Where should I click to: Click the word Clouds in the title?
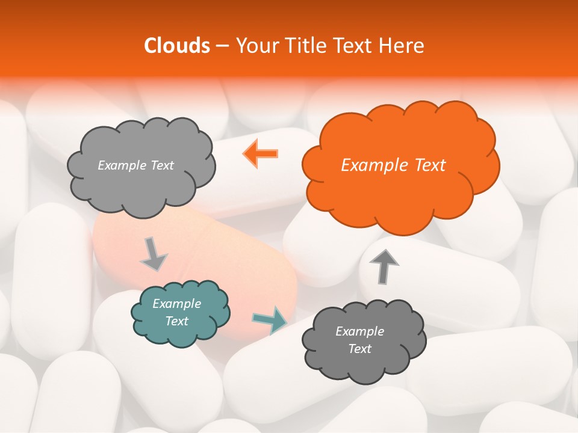coord(176,46)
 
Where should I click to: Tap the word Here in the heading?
coord(402,46)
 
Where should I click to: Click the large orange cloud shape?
coord(397,180)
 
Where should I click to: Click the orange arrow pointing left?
coord(261,154)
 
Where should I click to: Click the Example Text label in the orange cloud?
coord(393,165)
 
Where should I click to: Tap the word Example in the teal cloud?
coord(176,304)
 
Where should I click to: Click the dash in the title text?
coord(222,46)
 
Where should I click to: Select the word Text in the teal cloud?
coord(176,321)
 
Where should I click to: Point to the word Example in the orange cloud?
coord(371,165)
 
